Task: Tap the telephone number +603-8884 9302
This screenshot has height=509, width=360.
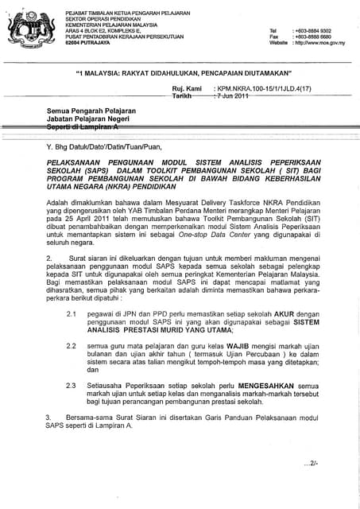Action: pos(319,30)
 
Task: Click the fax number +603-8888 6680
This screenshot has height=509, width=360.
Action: pos(319,37)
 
